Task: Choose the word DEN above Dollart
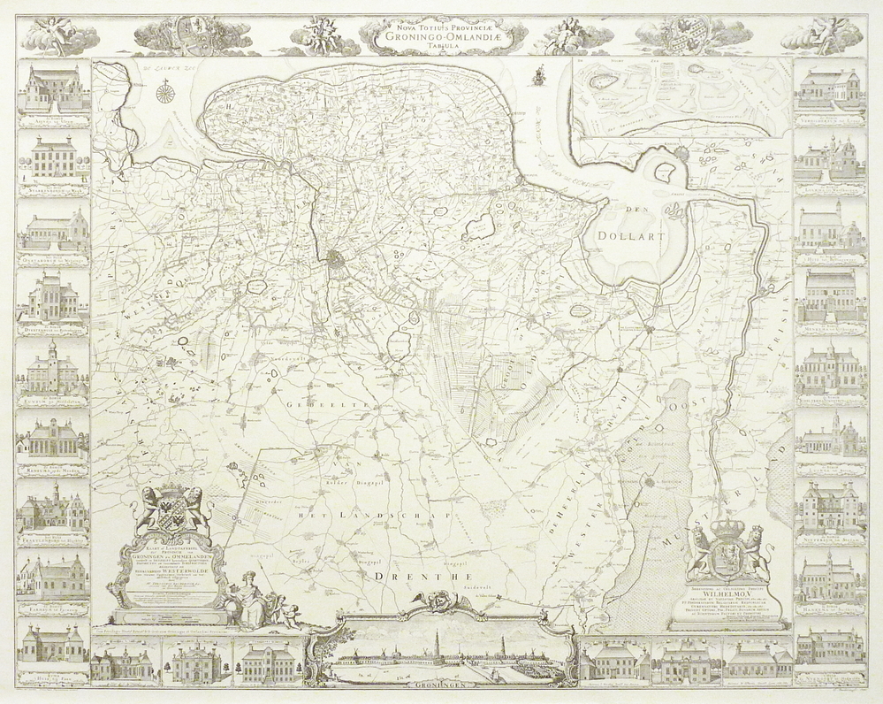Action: click(x=634, y=210)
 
